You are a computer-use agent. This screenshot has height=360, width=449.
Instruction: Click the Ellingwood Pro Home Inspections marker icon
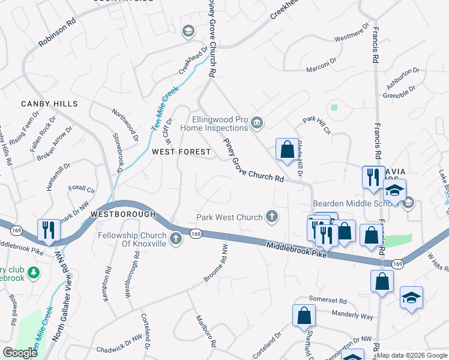click(x=257, y=123)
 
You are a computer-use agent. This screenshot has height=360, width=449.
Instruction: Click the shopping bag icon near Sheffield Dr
click(x=304, y=316)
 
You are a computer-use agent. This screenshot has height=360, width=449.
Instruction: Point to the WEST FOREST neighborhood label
click(x=181, y=152)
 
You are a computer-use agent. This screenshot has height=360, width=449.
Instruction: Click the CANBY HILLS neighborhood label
click(x=49, y=104)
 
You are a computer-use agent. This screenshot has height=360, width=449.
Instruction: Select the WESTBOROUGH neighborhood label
click(x=123, y=214)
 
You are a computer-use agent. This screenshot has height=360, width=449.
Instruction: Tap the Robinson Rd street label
click(x=57, y=35)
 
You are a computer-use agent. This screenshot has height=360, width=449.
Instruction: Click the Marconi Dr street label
click(x=322, y=64)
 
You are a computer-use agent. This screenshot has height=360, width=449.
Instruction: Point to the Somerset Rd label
click(x=328, y=301)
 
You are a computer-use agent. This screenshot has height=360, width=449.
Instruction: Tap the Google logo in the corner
click(x=20, y=353)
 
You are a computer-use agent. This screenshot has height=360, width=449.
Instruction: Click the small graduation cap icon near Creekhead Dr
click(x=188, y=31)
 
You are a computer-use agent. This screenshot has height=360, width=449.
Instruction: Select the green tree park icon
click(x=34, y=273)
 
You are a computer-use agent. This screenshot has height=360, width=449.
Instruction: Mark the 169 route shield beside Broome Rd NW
click(x=195, y=233)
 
